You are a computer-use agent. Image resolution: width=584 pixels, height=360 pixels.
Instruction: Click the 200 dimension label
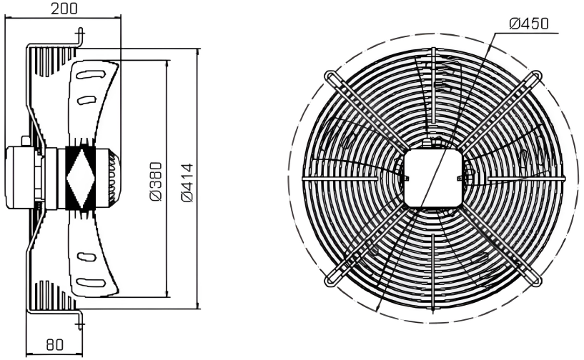point(64,9)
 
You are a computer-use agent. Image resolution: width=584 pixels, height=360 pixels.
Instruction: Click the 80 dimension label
point(54,345)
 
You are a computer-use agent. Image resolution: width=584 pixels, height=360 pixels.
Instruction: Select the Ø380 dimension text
point(156,181)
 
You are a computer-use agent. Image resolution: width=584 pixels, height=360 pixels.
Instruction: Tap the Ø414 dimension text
point(188,182)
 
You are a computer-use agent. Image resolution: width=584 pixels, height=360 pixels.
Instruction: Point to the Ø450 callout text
point(529,24)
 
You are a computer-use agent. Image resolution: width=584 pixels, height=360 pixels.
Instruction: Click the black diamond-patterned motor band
point(80,178)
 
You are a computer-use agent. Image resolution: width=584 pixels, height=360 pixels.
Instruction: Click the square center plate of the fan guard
point(433,178)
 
